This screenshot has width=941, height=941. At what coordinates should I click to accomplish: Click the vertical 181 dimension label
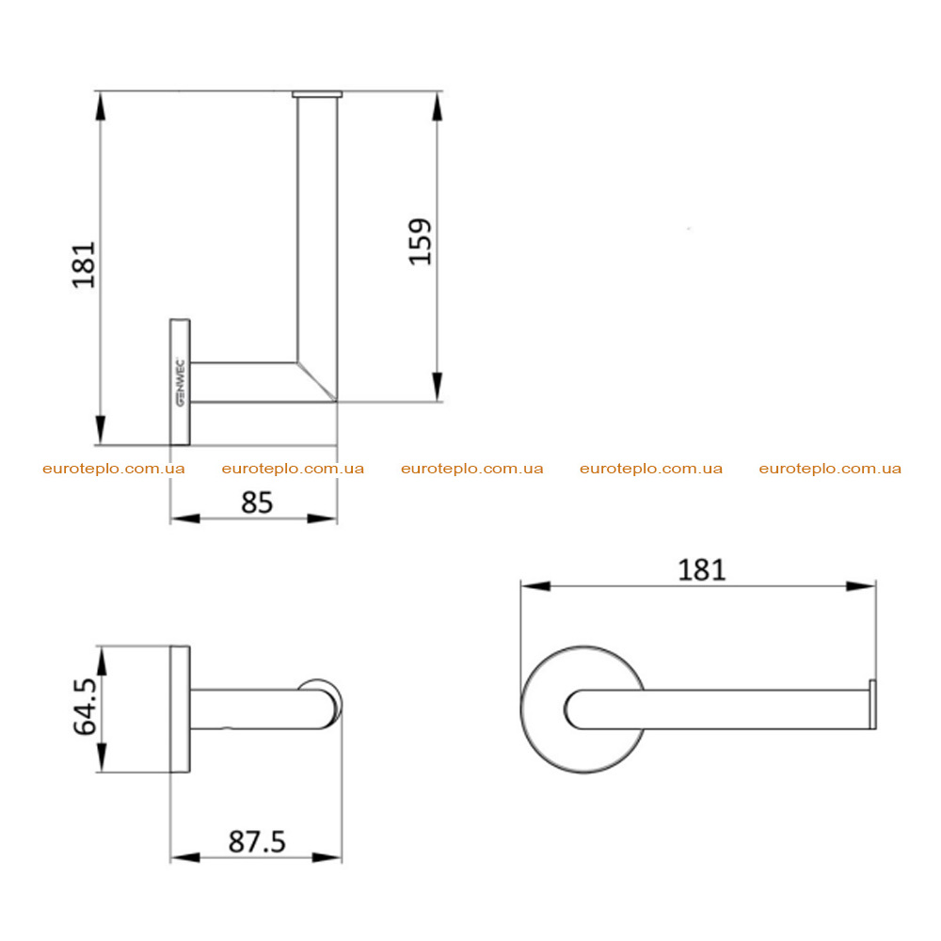pos(84,264)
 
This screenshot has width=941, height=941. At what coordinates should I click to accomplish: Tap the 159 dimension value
pos(421,242)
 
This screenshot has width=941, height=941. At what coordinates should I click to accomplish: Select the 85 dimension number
pos(257,502)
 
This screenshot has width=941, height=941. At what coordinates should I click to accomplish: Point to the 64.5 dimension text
pos(86,707)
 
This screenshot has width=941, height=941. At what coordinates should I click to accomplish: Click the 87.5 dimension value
pos(257,841)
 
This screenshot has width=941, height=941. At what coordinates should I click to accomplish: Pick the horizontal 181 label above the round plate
pos(702,570)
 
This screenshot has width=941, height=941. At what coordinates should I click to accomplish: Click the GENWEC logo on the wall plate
pos(180,382)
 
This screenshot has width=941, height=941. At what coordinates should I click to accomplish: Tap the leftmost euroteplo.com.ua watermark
pos(114,469)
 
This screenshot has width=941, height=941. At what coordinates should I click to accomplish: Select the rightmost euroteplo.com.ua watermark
pos(830,469)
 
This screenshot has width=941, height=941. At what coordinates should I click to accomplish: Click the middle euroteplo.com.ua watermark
pos(472,469)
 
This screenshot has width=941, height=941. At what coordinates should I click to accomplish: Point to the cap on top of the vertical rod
pos(317,94)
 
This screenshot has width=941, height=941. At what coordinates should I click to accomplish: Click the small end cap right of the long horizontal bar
pos(872,705)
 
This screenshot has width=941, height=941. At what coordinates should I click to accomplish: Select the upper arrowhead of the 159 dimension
pos(438,107)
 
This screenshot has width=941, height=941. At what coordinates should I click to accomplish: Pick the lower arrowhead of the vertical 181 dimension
pos(101,430)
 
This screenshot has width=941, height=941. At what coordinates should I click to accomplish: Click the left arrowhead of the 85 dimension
pos(185,518)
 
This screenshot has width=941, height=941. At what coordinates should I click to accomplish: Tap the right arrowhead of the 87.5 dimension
pos(327,857)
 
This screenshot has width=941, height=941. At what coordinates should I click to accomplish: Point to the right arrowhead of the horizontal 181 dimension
pos(861,585)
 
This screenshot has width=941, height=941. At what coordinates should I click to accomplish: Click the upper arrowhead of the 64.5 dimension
pos(102,662)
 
